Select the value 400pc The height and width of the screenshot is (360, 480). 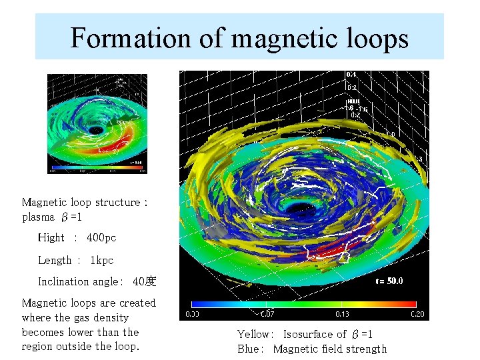tap(101, 237)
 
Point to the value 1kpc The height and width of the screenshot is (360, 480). tap(102, 260)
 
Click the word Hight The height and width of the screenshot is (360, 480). tap(51, 237)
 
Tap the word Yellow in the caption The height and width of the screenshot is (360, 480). tap(254, 334)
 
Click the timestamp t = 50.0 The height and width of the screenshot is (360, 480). tap(389, 281)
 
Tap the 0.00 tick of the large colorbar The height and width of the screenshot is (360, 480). tap(193, 314)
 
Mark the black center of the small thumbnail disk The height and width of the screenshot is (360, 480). tap(96, 129)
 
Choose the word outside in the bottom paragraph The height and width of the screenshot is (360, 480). tap(79, 346)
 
